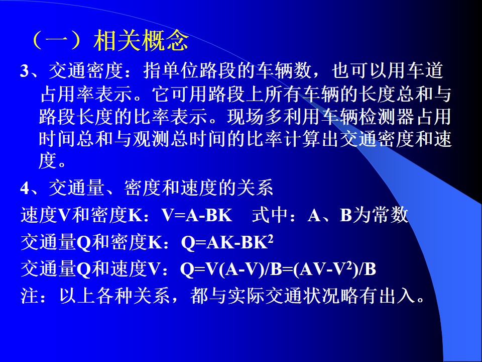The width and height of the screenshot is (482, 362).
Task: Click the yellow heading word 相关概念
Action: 141,40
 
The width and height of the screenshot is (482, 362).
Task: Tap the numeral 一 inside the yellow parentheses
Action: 58,41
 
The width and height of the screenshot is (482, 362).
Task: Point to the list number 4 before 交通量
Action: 25,188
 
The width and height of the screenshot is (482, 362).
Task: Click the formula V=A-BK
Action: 197,215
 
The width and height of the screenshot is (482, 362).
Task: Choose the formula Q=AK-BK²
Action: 227,242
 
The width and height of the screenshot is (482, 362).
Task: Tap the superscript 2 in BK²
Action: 271,238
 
